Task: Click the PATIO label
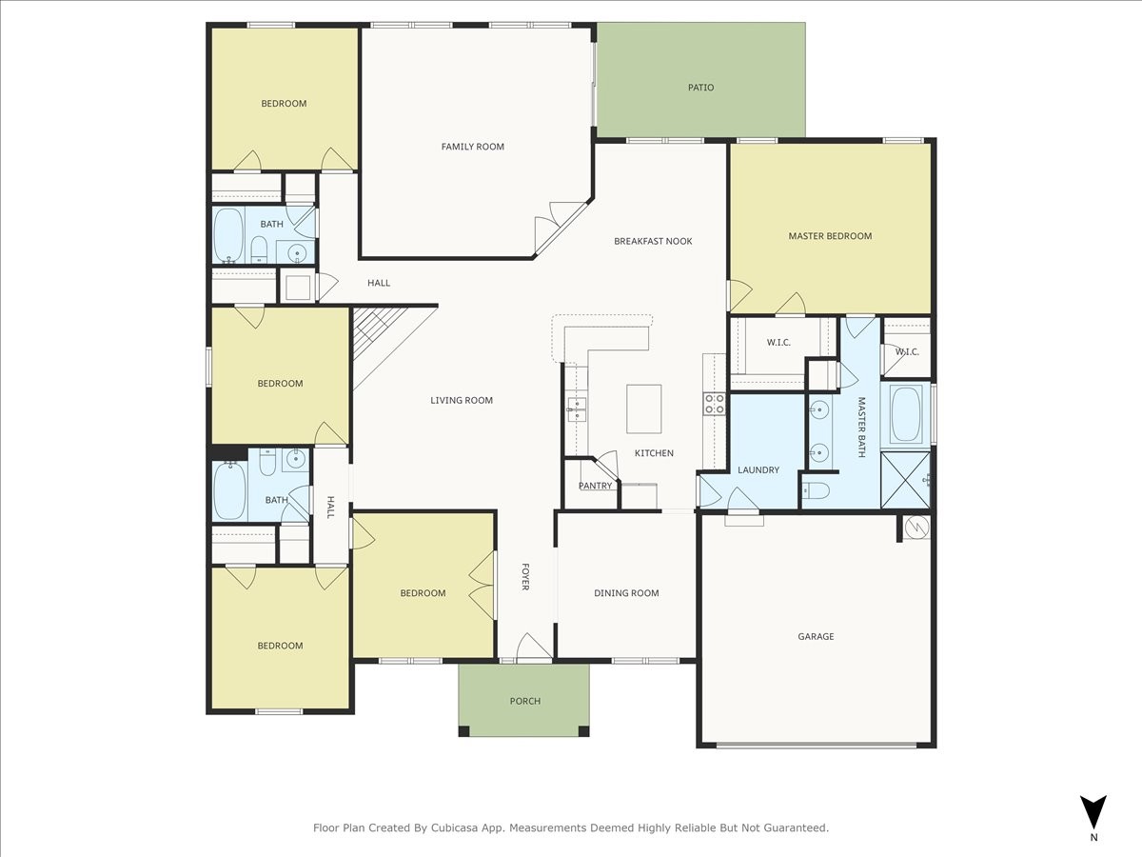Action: (x=700, y=88)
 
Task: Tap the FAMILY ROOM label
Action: (x=472, y=147)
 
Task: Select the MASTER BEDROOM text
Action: (x=830, y=236)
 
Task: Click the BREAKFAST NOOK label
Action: (x=653, y=242)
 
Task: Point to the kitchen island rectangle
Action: (x=643, y=408)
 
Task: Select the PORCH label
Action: (x=524, y=701)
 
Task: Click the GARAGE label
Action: (x=816, y=636)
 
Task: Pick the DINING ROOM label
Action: (x=626, y=593)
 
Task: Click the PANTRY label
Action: (x=595, y=486)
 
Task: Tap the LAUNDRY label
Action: (x=758, y=469)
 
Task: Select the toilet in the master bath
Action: (x=816, y=490)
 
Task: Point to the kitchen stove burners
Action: (x=714, y=404)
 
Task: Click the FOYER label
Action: (x=524, y=576)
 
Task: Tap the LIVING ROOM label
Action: (x=462, y=401)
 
